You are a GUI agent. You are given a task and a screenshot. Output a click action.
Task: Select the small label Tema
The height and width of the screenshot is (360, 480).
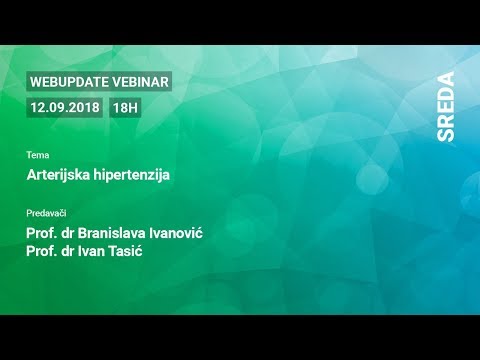pyautogui.click(x=38, y=155)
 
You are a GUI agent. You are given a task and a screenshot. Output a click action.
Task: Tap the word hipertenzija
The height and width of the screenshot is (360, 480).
pyautogui.click(x=135, y=175)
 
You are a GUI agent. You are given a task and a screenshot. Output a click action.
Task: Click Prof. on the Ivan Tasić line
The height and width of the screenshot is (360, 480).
pyautogui.click(x=44, y=253)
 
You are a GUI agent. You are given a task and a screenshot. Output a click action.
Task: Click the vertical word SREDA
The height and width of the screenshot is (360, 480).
pyautogui.click(x=446, y=106)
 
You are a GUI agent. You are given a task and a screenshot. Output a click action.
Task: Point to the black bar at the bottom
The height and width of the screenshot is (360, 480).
pyautogui.click(x=240, y=337)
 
